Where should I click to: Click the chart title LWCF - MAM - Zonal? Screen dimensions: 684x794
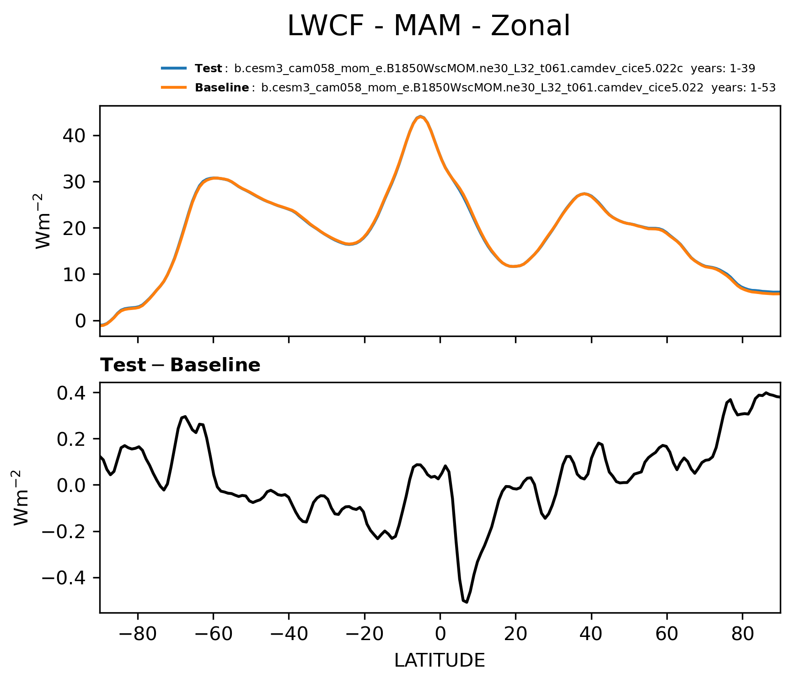point(429,26)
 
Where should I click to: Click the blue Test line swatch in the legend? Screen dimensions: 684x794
point(174,69)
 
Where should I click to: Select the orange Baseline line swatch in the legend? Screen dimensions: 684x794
point(174,87)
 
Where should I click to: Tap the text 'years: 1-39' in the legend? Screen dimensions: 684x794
point(723,69)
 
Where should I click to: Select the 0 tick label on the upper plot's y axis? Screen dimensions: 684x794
point(81,321)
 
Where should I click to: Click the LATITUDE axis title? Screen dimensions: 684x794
point(440,660)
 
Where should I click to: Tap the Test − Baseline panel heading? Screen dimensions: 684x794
point(180,365)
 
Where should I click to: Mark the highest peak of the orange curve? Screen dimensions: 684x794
point(420,117)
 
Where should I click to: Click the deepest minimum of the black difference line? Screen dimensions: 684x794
point(466,602)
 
